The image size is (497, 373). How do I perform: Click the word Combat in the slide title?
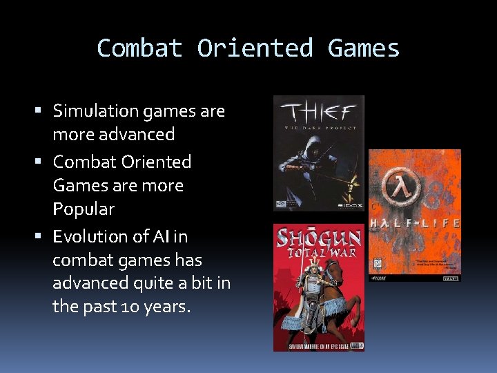[x=139, y=48]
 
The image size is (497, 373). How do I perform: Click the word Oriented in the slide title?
[x=255, y=48]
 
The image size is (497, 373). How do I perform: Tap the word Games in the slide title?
[x=364, y=48]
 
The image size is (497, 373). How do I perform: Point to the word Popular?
[x=84, y=209]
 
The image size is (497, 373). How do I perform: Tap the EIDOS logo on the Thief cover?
[x=350, y=204]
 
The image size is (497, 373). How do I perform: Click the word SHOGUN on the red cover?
[x=318, y=239]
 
